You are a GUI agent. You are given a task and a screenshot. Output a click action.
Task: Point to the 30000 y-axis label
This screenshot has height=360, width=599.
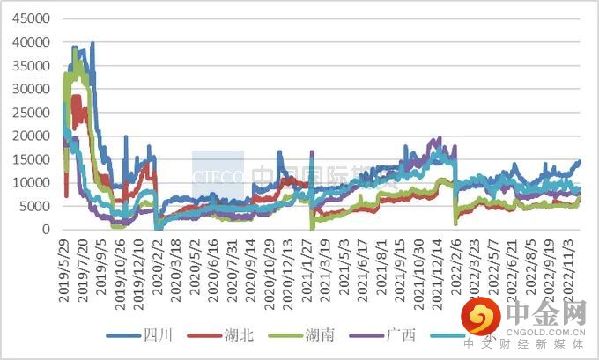[28, 89]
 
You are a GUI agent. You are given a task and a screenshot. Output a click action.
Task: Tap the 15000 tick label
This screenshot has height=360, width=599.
[28, 159]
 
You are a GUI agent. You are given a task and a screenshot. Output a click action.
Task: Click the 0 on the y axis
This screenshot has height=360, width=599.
[45, 230]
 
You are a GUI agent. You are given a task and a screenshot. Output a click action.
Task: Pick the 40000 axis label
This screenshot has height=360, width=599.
[28, 42]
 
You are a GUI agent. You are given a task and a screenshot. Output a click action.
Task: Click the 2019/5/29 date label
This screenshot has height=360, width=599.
[64, 268]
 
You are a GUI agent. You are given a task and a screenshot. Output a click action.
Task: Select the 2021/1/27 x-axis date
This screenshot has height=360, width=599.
[309, 268]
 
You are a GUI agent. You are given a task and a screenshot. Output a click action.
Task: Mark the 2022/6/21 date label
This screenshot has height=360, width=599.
[514, 268]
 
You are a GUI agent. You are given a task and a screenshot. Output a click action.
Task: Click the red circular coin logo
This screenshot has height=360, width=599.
[482, 317]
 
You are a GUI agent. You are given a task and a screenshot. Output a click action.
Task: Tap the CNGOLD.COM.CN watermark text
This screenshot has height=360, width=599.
[546, 332]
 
